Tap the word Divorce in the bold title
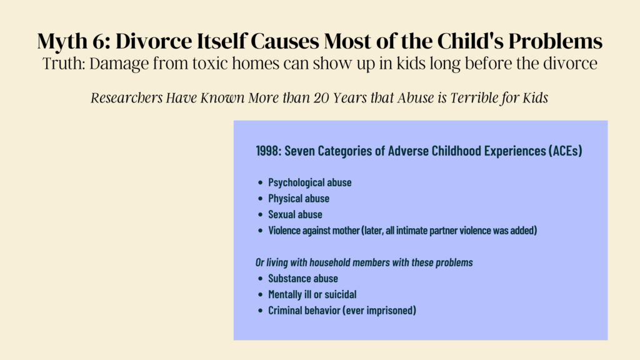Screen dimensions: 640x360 (x=154, y=41)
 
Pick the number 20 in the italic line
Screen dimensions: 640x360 (x=321, y=98)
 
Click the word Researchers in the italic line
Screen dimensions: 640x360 (x=126, y=98)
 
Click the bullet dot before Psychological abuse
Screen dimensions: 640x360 (x=261, y=182)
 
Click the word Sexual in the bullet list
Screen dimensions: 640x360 (x=281, y=215)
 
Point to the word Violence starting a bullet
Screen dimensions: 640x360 (x=285, y=231)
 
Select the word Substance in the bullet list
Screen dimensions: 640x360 (x=288, y=279)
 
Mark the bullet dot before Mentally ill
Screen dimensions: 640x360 (x=261, y=295)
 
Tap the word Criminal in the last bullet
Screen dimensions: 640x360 (x=284, y=311)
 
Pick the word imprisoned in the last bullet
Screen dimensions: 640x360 (x=390, y=311)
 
